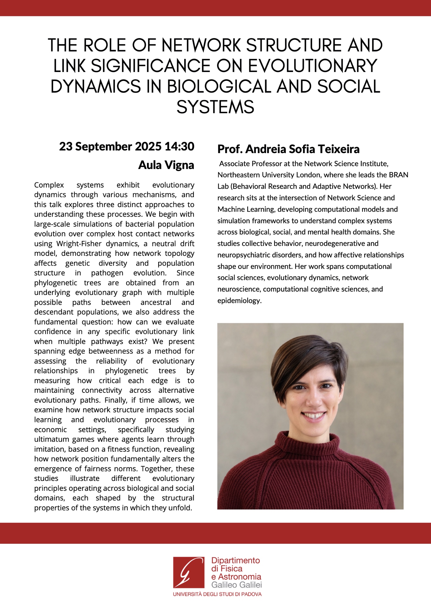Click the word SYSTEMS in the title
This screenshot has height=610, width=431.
pyautogui.click(x=215, y=107)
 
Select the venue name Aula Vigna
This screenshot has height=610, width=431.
pyautogui.click(x=166, y=165)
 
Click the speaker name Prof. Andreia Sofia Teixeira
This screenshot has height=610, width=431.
pyautogui.click(x=288, y=149)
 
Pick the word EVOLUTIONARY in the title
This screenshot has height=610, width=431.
pyautogui.click(x=313, y=66)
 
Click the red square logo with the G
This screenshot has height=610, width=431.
pyautogui.click(x=189, y=572)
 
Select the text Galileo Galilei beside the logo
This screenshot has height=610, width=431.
pyautogui.click(x=237, y=585)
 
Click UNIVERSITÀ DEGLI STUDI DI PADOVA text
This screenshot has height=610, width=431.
pyautogui.click(x=217, y=594)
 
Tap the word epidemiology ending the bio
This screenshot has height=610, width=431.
pyautogui.click(x=239, y=301)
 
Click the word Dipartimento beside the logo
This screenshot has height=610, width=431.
pyautogui.click(x=235, y=560)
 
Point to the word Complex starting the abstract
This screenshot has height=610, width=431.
pyautogui.click(x=49, y=185)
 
